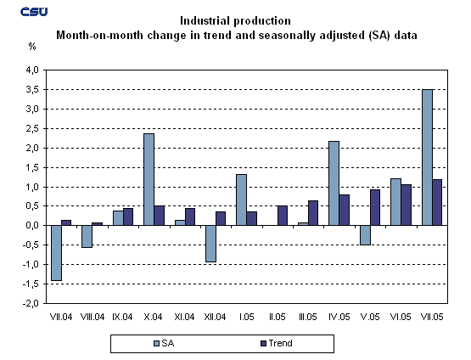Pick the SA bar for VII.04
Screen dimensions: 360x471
click(56, 252)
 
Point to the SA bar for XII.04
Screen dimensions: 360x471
click(210, 244)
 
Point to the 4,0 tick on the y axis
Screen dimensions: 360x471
click(31, 70)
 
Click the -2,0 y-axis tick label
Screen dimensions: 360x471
click(31, 303)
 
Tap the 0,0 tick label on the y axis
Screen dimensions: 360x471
click(31, 225)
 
